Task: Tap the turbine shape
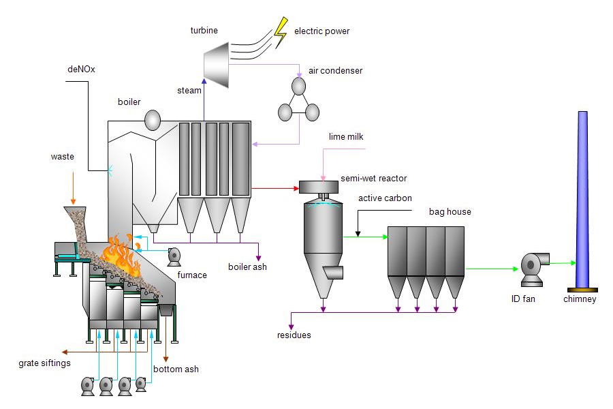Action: [218, 58]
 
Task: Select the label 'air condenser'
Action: [335, 71]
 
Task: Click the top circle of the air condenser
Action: [299, 86]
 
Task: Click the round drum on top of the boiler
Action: [152, 121]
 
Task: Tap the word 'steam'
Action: [189, 90]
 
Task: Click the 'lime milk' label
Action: [346, 137]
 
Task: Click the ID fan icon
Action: [533, 268]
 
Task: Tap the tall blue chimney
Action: [582, 198]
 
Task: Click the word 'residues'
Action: [294, 335]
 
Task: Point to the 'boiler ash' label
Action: [247, 267]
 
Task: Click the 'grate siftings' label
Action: [44, 363]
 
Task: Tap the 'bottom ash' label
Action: [176, 369]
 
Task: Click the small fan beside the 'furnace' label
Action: [174, 256]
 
